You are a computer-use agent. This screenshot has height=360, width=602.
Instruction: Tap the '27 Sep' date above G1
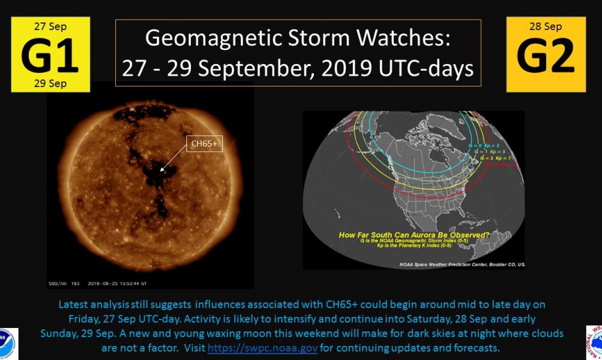pos(50,26)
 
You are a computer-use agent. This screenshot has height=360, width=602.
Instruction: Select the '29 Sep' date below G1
pos(50,84)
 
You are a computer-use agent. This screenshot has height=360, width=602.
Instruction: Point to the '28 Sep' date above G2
pos(546,26)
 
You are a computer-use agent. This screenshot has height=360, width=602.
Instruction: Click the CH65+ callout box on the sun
pos(204,144)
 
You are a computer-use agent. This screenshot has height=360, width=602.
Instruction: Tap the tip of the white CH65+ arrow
pos(161,171)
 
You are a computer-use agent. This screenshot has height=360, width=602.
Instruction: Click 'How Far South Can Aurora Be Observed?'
pos(414,235)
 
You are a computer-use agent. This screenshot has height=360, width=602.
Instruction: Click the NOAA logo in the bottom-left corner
pos(8,343)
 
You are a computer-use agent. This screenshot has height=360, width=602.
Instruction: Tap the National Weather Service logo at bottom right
pos(594,343)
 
